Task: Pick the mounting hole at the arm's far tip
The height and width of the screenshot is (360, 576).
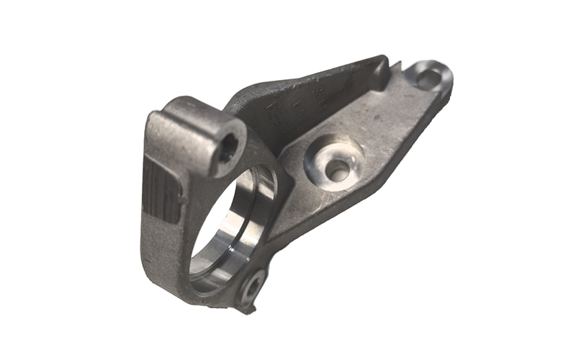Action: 429,77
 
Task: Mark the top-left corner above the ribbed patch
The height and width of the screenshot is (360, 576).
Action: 155,122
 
